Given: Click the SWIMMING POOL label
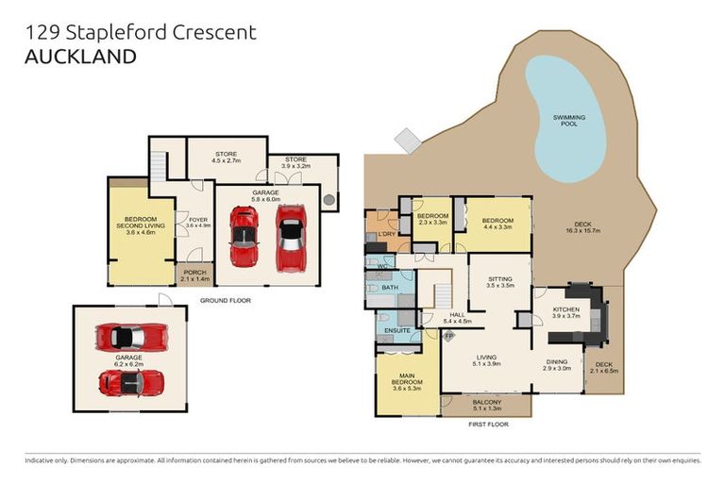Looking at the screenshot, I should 569,120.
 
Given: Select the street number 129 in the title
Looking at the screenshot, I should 42,32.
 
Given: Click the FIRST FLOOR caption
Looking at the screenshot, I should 488,425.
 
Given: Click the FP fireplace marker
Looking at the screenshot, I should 448,335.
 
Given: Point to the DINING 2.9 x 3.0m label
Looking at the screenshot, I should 557,364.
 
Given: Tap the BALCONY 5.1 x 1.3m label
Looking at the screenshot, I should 486,406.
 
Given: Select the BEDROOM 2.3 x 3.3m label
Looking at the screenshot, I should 431,221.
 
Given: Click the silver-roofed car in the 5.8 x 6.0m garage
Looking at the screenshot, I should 291,238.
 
